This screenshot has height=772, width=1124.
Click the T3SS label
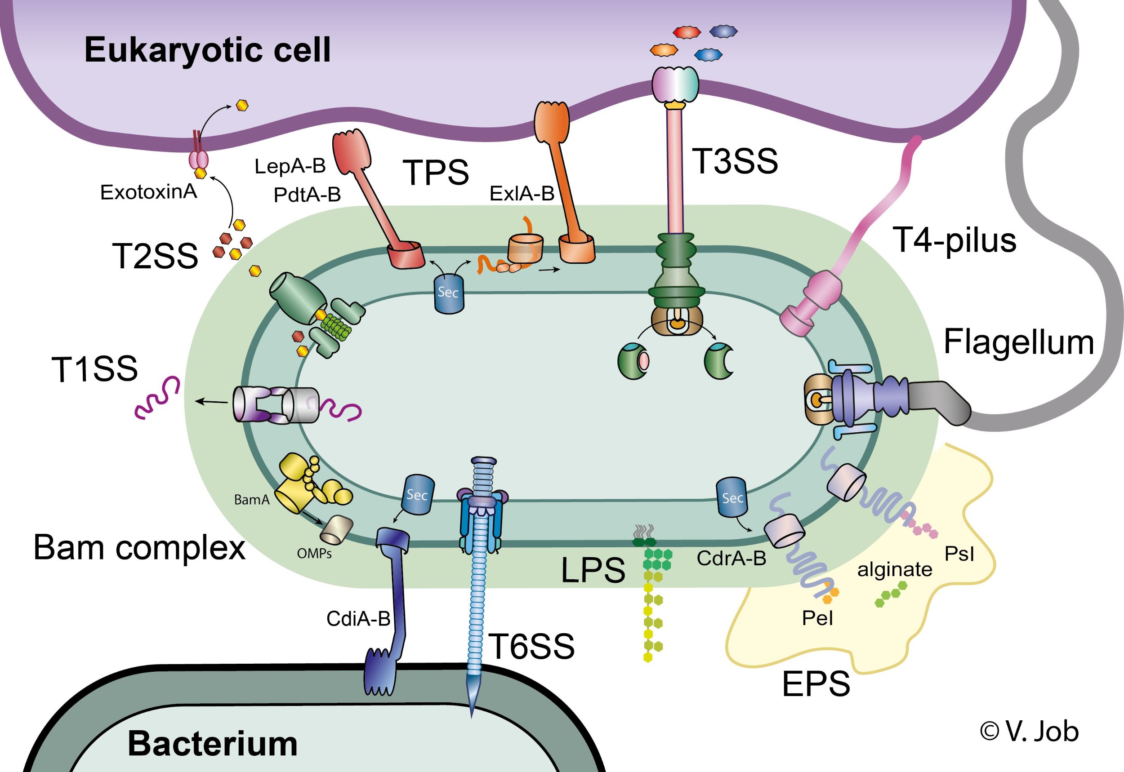[x=735, y=161]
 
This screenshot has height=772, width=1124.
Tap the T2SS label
[x=155, y=256]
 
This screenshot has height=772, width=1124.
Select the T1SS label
[x=94, y=369]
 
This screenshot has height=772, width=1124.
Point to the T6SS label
[x=531, y=646]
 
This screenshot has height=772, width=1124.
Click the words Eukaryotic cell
[x=208, y=50]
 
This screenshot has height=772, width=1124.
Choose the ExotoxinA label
[x=148, y=192]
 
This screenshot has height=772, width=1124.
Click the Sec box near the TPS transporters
[x=449, y=293]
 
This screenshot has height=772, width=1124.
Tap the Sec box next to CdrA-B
[x=731, y=498]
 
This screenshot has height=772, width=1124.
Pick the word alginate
[x=894, y=569]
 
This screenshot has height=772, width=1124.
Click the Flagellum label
[x=1018, y=342]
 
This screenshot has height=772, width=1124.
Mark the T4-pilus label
[x=954, y=240]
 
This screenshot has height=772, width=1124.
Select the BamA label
[x=252, y=500]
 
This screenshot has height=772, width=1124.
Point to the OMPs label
[x=314, y=553]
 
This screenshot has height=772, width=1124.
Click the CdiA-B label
[x=358, y=619]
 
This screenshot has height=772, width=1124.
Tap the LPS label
[x=593, y=570]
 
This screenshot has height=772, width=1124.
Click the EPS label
[x=816, y=683]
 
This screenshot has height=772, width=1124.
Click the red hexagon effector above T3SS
[x=687, y=32]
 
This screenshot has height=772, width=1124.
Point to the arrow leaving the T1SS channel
[x=211, y=401]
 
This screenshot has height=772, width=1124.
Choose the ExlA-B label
[x=522, y=194]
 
